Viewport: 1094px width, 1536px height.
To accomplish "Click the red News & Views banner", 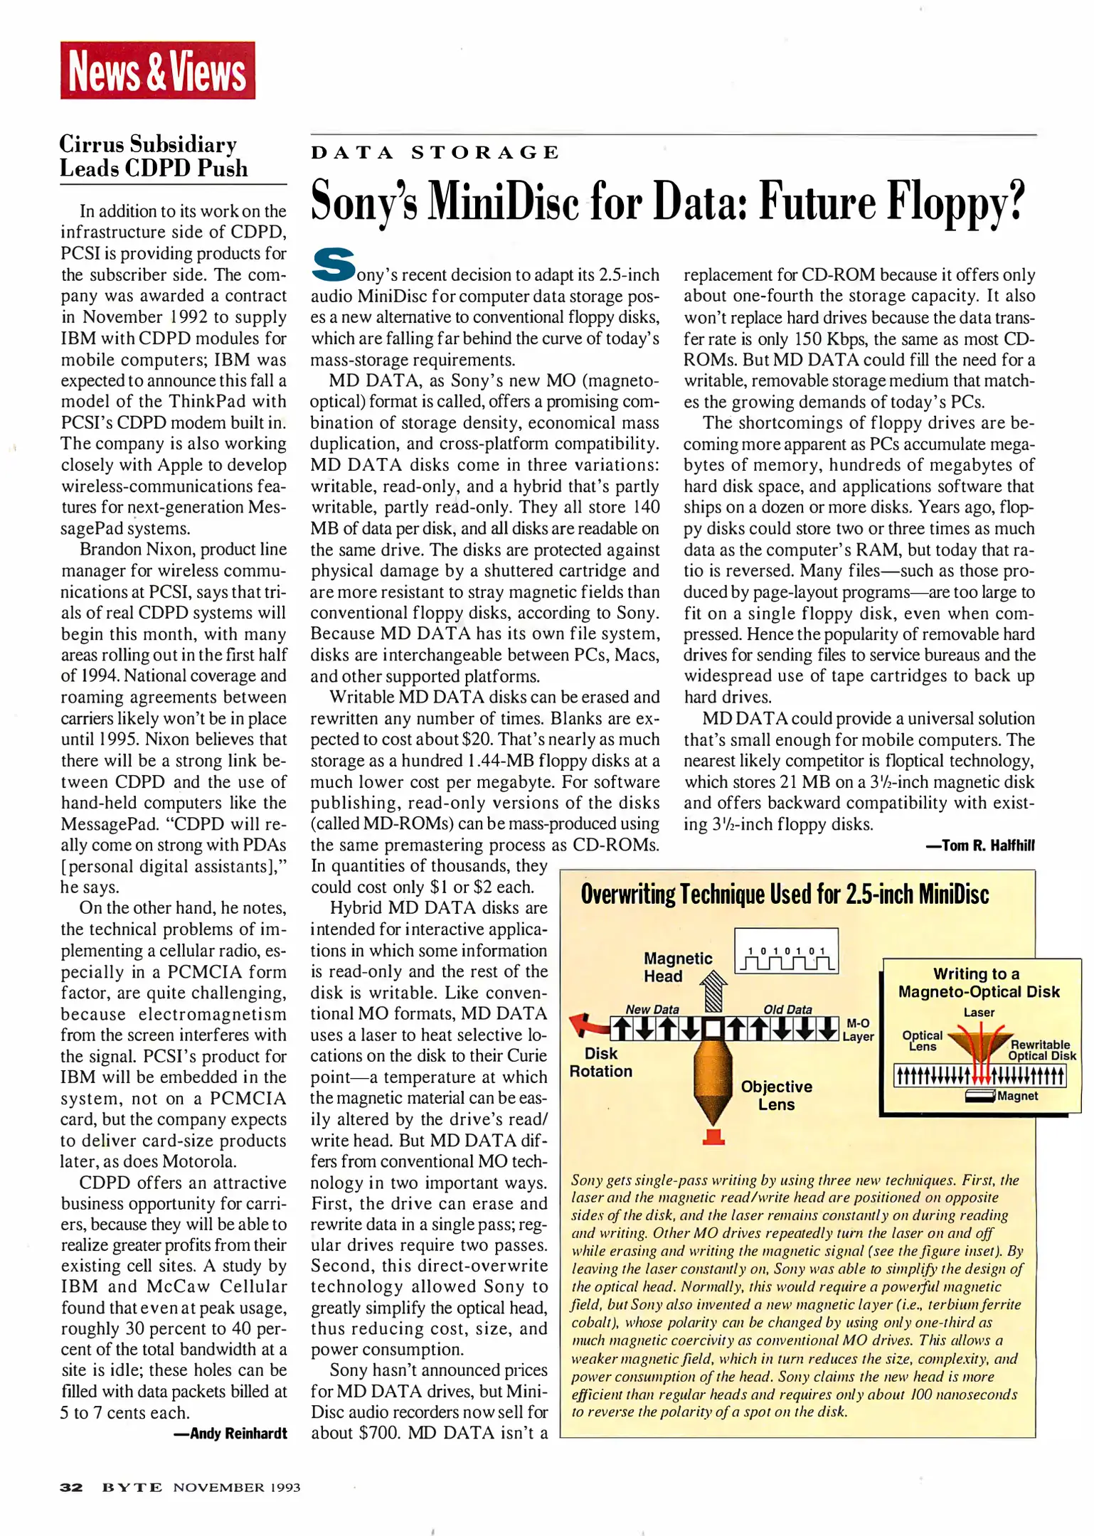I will click(x=157, y=70).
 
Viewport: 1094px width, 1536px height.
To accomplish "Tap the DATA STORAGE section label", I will click(x=435, y=153).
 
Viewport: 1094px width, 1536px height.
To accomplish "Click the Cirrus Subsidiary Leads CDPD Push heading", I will click(x=154, y=156).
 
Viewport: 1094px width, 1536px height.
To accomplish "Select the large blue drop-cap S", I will click(x=333, y=265).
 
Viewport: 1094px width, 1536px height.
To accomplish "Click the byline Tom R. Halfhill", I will click(x=980, y=846).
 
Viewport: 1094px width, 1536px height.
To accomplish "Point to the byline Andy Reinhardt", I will click(x=230, y=1434).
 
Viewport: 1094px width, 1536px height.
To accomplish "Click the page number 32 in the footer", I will click(x=71, y=1487).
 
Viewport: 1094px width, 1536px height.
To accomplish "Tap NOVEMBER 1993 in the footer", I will click(x=236, y=1487).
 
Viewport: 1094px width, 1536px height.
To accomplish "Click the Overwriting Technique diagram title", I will click(x=784, y=895).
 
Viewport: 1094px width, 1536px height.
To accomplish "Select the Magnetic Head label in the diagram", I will click(x=677, y=967).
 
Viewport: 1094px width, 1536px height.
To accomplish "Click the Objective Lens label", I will click(x=776, y=1095).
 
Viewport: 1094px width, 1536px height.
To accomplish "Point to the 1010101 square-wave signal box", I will click(x=786, y=951).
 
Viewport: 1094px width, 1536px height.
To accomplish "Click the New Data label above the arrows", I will click(x=652, y=1009).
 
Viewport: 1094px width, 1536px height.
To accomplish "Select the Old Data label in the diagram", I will click(x=787, y=1009).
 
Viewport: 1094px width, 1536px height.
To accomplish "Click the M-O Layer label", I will click(x=858, y=1030).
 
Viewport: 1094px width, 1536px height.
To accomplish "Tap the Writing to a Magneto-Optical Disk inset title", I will click(x=978, y=983).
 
